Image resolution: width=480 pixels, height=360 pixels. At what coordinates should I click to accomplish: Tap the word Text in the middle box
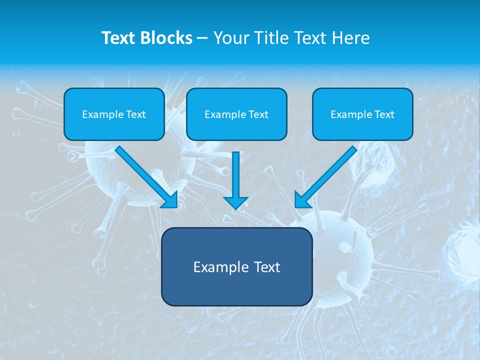pyautogui.click(x=258, y=114)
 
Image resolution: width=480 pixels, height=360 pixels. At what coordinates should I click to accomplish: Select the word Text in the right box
pyautogui.click(x=384, y=114)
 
